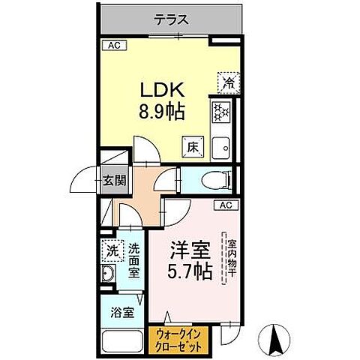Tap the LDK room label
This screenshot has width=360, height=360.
click(160, 90)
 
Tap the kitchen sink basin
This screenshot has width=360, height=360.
click(223, 148)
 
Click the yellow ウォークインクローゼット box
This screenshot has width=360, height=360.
click(179, 341)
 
